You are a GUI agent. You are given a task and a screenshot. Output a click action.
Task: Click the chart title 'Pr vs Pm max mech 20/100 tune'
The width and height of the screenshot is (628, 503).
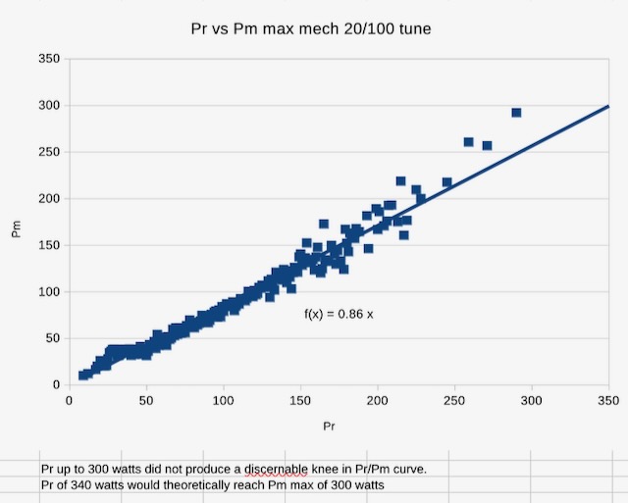pyautogui.click(x=310, y=29)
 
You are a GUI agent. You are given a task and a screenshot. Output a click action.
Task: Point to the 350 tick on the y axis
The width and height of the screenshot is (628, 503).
pyautogui.click(x=48, y=59)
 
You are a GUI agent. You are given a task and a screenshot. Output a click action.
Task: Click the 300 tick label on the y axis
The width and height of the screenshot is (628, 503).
pyautogui.click(x=48, y=106)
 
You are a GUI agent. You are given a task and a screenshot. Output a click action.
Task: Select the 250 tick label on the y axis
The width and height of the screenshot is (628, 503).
pyautogui.click(x=48, y=152)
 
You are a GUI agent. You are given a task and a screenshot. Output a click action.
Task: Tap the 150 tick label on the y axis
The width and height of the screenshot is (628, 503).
pyautogui.click(x=48, y=245)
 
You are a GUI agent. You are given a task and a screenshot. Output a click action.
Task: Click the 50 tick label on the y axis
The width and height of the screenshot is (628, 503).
pyautogui.click(x=51, y=338)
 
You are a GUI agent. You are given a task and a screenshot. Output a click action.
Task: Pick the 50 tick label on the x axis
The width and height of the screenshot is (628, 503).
pyautogui.click(x=146, y=400)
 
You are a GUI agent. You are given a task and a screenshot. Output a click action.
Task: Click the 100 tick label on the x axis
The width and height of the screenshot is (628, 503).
pyautogui.click(x=223, y=400)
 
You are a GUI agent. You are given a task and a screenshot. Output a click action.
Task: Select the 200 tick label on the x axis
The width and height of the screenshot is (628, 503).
pyautogui.click(x=378, y=400)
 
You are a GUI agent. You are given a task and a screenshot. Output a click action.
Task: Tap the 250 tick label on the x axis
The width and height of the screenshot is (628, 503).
pyautogui.click(x=454, y=400)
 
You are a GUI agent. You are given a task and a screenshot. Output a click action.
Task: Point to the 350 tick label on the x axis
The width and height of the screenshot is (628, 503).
pyautogui.click(x=608, y=400)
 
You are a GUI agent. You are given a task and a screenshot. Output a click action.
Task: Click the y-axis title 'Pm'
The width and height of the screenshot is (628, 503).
pyautogui.click(x=16, y=231)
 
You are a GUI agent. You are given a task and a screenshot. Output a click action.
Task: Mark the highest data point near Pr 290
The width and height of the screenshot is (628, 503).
pyautogui.click(x=516, y=113)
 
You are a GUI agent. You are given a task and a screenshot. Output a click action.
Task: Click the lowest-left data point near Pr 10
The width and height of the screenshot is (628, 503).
pyautogui.click(x=84, y=376)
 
